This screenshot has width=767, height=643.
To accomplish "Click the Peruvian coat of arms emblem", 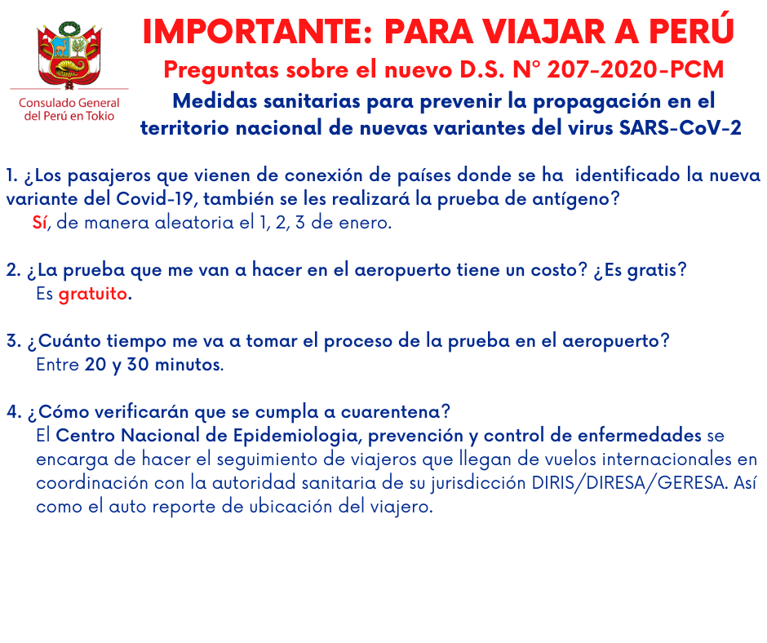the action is (x=69, y=55).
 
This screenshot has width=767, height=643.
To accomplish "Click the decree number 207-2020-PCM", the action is (x=635, y=69).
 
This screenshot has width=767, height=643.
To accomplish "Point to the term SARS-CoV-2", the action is (x=681, y=128).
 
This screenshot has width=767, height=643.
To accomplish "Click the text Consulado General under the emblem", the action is (x=69, y=103).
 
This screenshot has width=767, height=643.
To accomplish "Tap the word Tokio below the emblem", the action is (x=100, y=116).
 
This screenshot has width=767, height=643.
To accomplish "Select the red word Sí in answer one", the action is (x=40, y=222).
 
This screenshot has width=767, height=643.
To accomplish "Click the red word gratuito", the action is (x=93, y=294).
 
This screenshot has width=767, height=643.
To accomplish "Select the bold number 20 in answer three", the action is (x=95, y=365).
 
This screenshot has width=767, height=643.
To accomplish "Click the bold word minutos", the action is (x=188, y=365).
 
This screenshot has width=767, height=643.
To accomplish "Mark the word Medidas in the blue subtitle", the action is (x=215, y=101).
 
